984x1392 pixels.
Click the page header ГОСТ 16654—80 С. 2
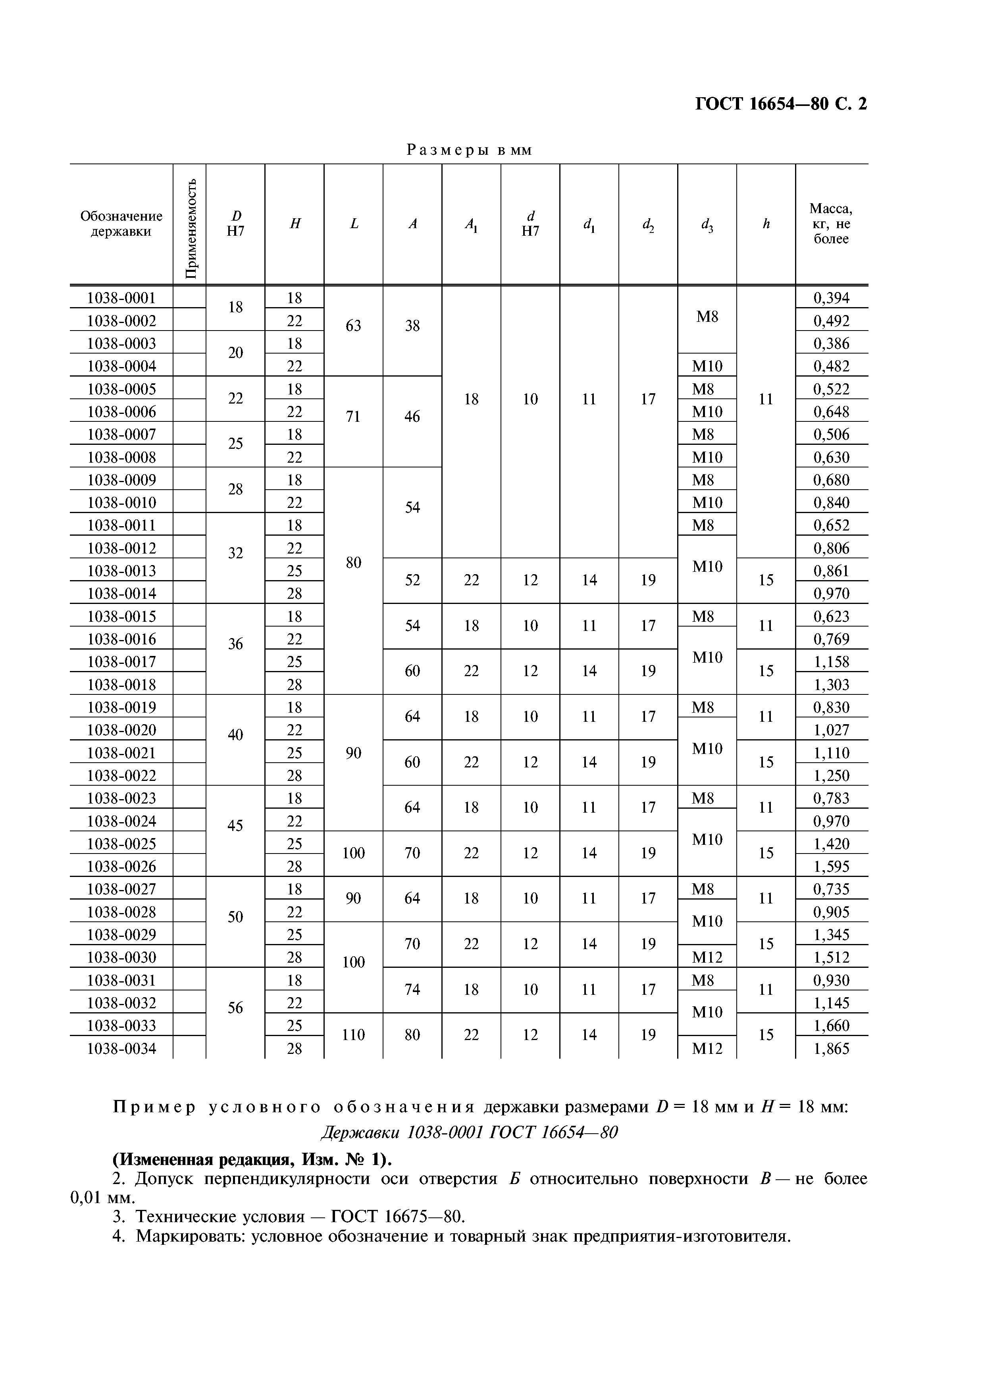[780, 104]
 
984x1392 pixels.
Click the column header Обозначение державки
[121, 224]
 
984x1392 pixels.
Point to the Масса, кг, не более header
[831, 224]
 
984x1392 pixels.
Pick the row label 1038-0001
[121, 298]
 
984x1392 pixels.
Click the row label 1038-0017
[121, 661]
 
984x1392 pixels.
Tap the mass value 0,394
[831, 298]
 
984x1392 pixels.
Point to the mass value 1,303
[831, 684]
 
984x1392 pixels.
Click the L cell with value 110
[353, 1034]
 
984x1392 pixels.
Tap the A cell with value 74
[412, 989]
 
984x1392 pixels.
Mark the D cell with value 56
[235, 1007]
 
